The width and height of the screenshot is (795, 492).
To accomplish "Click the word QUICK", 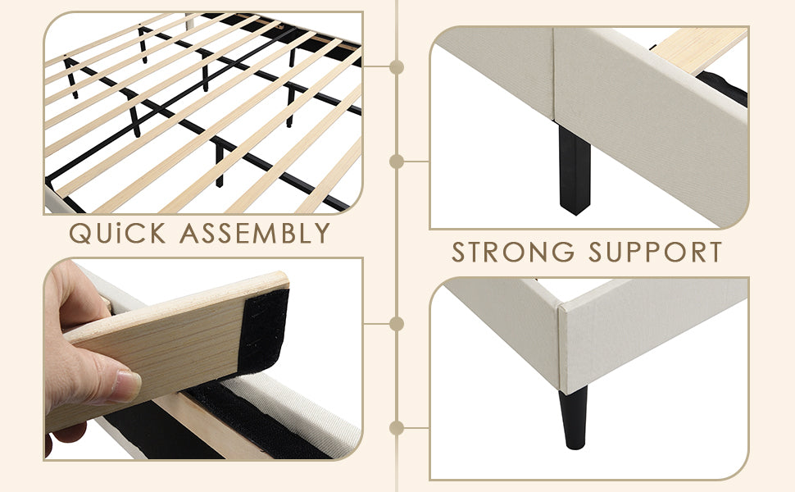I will click(x=116, y=234).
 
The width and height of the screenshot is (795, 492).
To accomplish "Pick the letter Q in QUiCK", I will click(x=82, y=234).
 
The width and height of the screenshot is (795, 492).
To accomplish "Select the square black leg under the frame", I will click(x=574, y=168).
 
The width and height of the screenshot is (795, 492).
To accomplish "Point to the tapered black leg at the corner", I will click(x=574, y=417).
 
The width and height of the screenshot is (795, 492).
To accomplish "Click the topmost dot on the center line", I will click(x=397, y=66).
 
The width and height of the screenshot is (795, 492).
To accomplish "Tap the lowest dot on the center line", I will click(x=397, y=427).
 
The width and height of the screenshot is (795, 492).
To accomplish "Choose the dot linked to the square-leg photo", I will click(x=397, y=162).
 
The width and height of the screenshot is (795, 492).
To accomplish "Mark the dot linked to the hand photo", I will click(x=397, y=324).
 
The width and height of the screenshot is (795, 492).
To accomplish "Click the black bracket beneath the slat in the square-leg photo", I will click(x=721, y=86).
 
